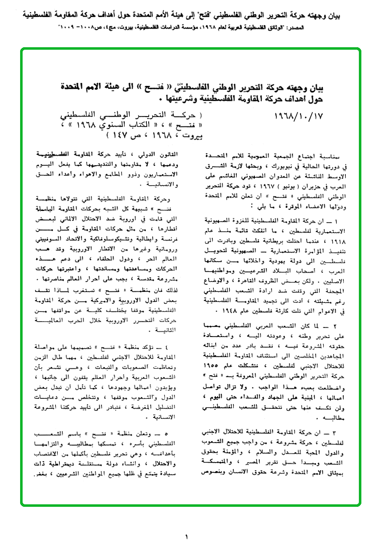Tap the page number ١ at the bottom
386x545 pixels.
(186, 536)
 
